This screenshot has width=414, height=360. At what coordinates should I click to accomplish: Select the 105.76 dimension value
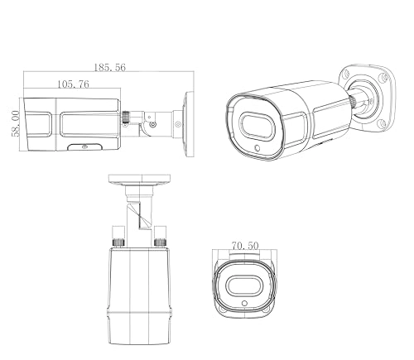tap(74, 84)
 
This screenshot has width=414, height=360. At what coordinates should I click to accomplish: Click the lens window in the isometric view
tap(258, 127)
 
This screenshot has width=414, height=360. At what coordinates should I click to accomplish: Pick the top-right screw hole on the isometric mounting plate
tap(383, 78)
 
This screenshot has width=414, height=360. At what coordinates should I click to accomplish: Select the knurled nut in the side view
tap(129, 118)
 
